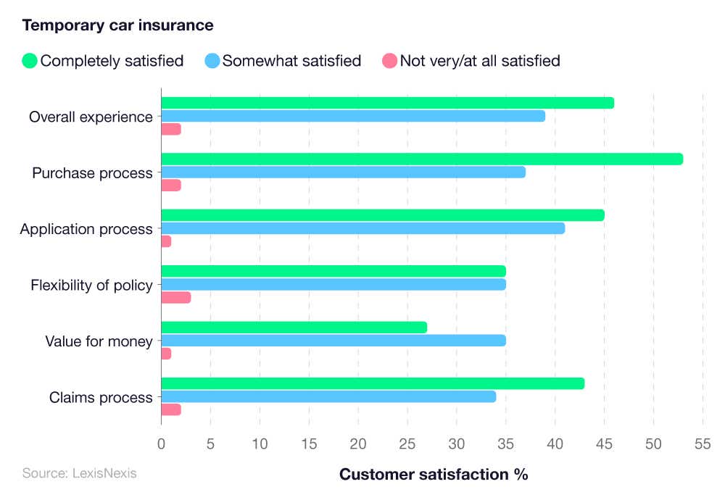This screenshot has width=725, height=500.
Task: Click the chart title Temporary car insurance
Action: click(x=117, y=25)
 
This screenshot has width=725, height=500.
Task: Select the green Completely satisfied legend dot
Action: click(x=30, y=61)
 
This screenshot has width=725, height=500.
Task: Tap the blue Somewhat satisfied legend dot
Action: click(x=212, y=61)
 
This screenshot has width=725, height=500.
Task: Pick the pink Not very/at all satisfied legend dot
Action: click(x=389, y=61)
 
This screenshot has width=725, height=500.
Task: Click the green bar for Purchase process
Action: click(x=421, y=159)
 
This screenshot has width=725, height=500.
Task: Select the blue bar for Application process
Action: click(x=362, y=228)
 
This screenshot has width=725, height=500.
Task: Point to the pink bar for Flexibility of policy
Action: click(x=175, y=297)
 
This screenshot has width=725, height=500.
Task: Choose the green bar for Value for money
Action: click(x=294, y=328)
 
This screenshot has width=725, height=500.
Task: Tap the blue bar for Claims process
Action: click(x=328, y=396)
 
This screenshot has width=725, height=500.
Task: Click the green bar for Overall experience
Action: click(x=387, y=103)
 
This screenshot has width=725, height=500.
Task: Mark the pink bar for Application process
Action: click(x=166, y=241)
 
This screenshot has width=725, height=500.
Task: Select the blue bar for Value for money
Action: click(x=333, y=341)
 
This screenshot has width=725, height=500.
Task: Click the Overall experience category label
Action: click(x=91, y=117)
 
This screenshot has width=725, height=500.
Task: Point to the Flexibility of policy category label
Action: click(x=91, y=285)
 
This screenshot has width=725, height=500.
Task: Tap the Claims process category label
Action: click(x=101, y=397)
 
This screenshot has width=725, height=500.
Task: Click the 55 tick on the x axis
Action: click(x=703, y=443)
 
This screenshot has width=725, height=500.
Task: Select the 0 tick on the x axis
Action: click(x=161, y=443)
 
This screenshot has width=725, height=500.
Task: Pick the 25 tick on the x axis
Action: click(x=407, y=443)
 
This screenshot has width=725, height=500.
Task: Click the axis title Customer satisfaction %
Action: click(x=433, y=475)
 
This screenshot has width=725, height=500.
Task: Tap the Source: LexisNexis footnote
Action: click(x=79, y=473)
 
